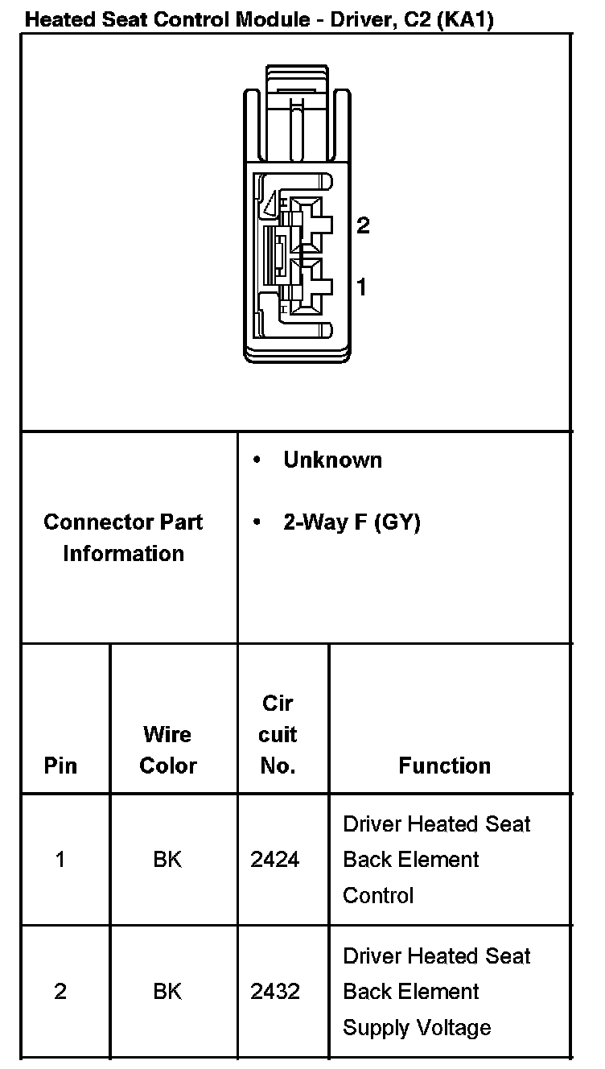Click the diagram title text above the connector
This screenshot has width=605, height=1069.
point(259,19)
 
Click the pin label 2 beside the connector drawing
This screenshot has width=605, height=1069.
point(363,225)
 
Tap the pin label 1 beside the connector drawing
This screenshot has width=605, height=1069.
point(362,286)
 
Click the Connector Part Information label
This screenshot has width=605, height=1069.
point(123,538)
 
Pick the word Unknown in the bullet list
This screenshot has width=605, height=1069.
point(332,460)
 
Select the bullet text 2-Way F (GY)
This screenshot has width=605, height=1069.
point(352,522)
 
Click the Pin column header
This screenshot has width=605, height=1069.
point(60,765)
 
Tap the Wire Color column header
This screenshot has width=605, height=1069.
point(167,749)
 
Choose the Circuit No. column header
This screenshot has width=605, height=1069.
point(278,734)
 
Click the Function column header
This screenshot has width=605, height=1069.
point(444,766)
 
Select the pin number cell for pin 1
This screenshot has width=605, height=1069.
point(60,860)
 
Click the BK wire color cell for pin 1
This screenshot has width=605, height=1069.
point(167,860)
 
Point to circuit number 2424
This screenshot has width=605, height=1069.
point(275,860)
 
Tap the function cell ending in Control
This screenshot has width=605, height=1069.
point(437,860)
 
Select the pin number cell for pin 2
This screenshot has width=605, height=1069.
point(60,992)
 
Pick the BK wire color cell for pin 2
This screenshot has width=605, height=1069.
point(167,992)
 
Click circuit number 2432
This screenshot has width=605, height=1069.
point(275,992)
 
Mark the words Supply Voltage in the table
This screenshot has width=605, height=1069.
point(417,1028)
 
